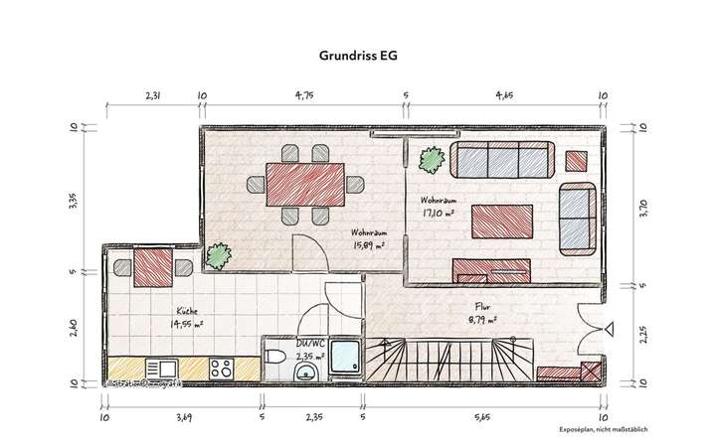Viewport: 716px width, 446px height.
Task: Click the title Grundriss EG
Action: [358, 57]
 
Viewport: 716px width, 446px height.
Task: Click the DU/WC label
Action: [309, 345]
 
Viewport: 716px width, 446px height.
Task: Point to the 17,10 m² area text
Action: [437, 212]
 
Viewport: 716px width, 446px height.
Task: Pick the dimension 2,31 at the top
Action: [152, 97]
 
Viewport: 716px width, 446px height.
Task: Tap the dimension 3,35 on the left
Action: [73, 202]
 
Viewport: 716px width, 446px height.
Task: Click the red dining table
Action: [304, 185]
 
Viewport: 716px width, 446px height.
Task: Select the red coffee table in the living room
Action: [502, 218]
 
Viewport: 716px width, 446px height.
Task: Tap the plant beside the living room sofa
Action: [432, 158]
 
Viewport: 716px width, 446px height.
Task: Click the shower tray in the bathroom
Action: [344, 359]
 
